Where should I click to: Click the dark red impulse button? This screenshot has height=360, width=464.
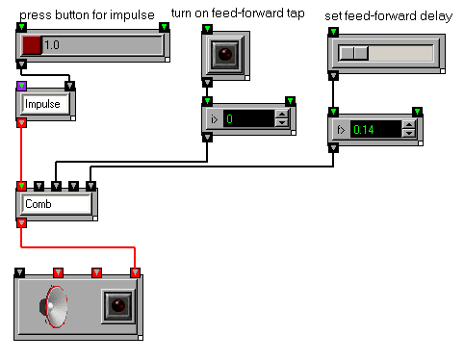click(32, 45)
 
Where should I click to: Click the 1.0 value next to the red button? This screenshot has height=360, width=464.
click(52, 45)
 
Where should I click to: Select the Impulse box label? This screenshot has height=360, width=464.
click(42, 104)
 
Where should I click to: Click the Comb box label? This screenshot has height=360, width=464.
click(39, 204)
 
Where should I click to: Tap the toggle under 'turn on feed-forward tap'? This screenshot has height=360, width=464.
click(225, 54)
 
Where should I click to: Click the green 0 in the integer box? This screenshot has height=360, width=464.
click(229, 119)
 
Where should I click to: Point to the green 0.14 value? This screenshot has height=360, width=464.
click(364, 130)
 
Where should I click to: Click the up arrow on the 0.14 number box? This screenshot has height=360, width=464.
click(409, 125)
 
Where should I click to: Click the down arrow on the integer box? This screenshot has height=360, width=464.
click(282, 122)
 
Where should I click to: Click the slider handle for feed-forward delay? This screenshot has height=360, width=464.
click(353, 53)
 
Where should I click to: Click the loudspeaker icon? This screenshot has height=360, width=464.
click(54, 307)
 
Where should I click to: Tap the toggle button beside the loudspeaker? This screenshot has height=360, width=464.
click(117, 306)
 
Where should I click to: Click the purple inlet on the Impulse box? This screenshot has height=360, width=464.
click(21, 86)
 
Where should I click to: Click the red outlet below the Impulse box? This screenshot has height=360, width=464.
click(21, 122)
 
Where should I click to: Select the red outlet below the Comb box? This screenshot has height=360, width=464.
click(21, 222)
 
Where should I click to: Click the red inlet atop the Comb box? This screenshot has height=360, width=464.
click(21, 186)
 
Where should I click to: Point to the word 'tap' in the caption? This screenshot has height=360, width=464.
click(296, 13)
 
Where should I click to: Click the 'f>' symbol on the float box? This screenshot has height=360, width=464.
click(341, 130)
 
